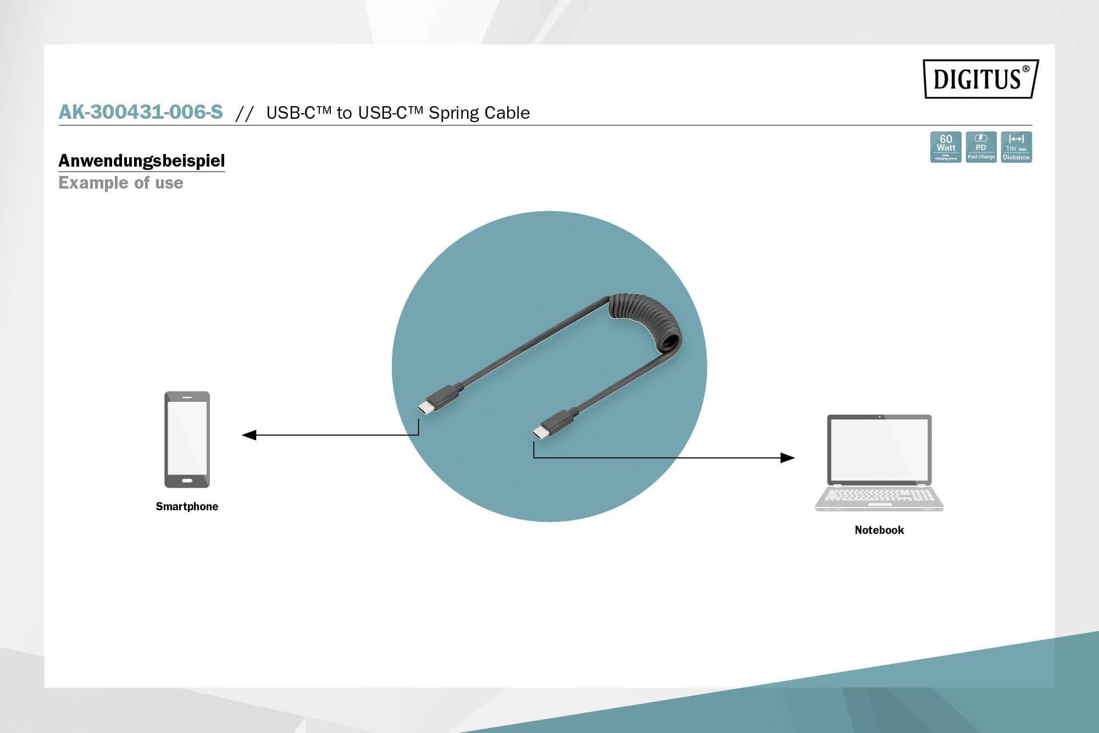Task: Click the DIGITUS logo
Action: [980, 79]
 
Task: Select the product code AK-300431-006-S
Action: [141, 112]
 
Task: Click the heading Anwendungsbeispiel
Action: [142, 161]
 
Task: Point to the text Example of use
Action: [121, 183]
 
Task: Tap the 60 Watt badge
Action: [946, 147]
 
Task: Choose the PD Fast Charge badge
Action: [981, 147]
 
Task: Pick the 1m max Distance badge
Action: [1016, 147]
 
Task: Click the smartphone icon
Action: [187, 439]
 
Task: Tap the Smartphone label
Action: [187, 506]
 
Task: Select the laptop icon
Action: [879, 462]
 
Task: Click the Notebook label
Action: [879, 530]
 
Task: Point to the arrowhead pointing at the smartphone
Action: [249, 435]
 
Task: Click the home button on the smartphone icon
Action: [187, 481]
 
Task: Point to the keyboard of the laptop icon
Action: [879, 495]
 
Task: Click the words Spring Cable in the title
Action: [479, 113]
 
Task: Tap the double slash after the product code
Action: [244, 113]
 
